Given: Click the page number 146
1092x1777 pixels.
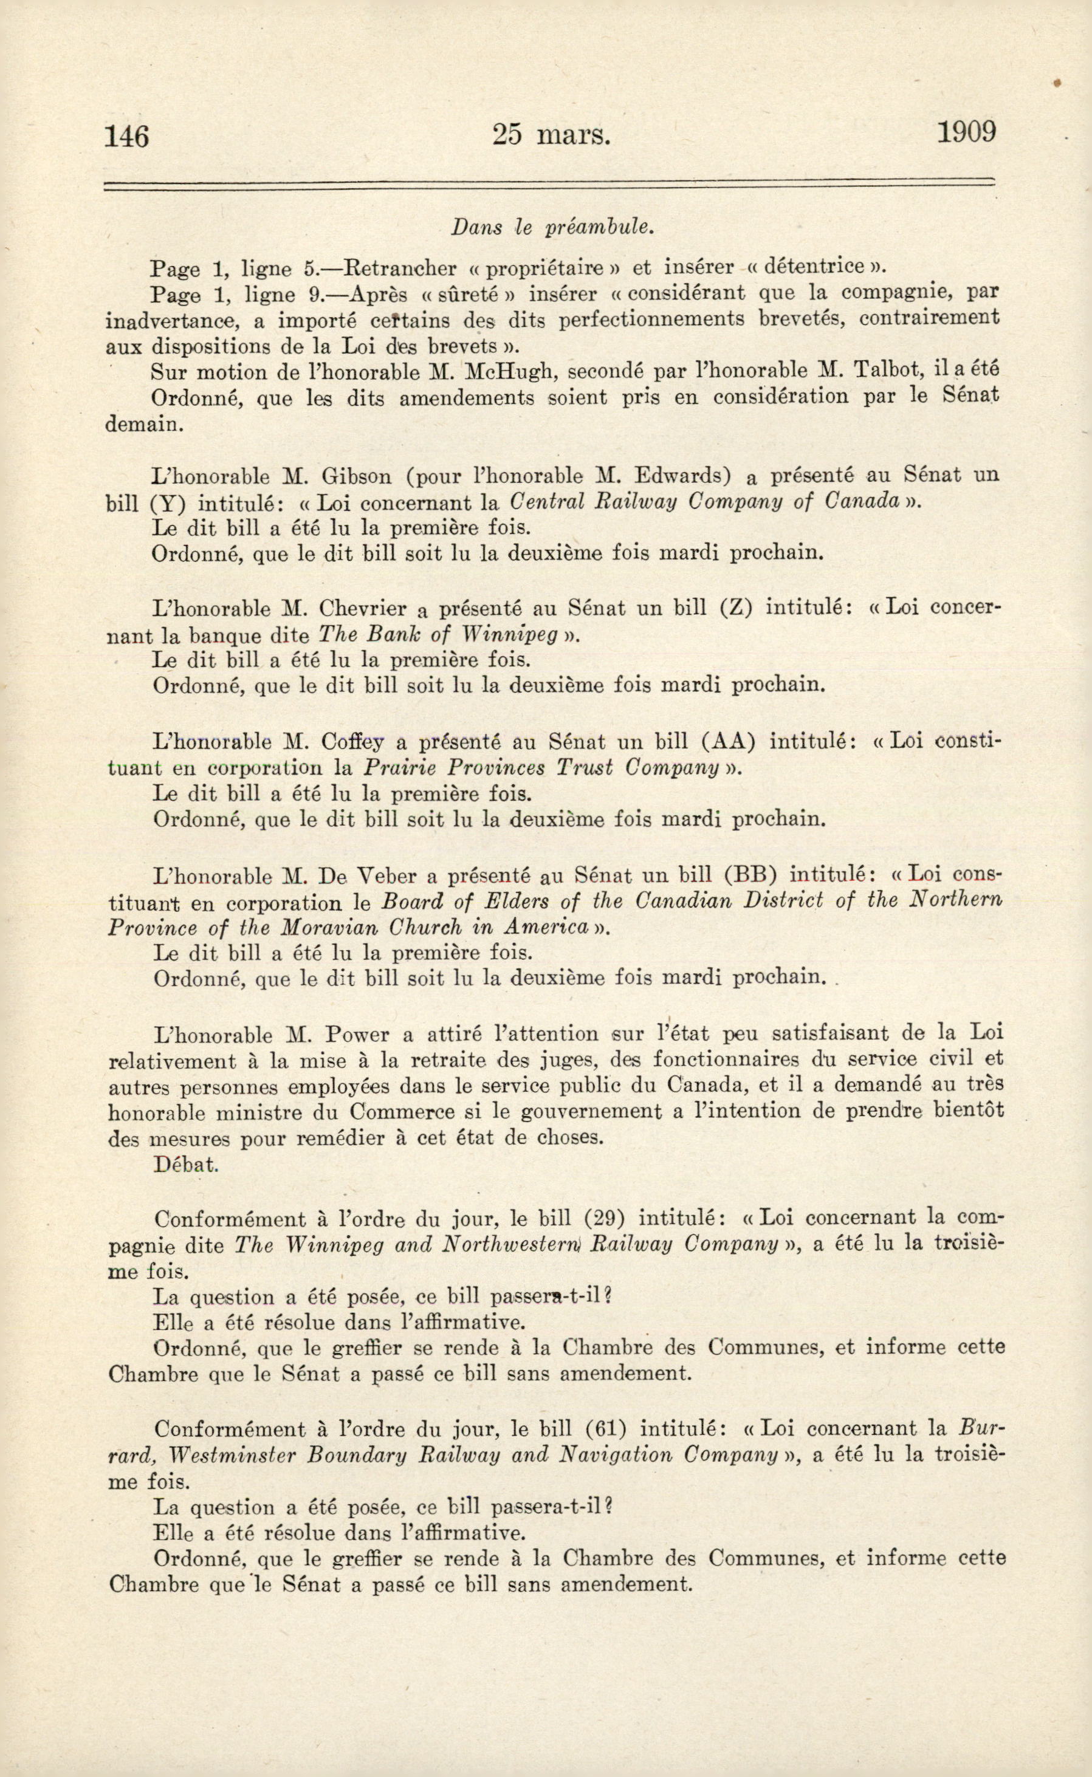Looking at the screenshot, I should pos(126,135).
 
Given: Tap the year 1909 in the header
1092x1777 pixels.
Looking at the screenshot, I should pos(966,133).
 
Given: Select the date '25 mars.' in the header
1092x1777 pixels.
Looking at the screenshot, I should pos(551,135).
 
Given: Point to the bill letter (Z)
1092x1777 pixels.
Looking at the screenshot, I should pos(736,608).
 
